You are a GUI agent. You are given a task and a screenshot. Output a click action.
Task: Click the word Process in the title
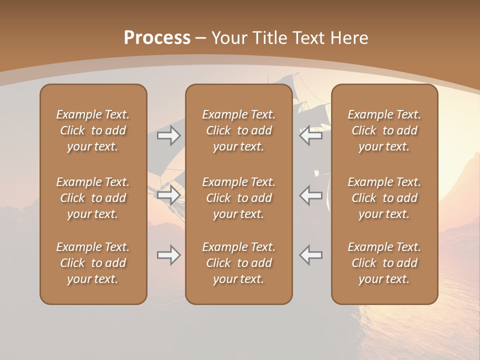point(157,38)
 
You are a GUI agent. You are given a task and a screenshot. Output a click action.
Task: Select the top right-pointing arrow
point(168,135)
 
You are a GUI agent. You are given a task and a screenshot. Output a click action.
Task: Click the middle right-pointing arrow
point(168,195)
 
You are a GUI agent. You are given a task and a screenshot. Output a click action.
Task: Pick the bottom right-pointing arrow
point(168,255)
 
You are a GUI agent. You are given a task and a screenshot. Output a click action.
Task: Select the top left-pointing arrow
point(311,135)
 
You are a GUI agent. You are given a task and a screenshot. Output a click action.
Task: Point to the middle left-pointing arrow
point(311,195)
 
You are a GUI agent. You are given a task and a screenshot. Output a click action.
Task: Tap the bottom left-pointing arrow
point(311,255)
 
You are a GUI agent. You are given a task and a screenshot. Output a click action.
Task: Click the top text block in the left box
point(93,130)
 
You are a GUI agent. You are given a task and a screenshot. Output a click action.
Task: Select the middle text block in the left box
point(93,198)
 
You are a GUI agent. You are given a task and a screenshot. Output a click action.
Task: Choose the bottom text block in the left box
point(93,263)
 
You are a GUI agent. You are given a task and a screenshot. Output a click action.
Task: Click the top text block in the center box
point(239,130)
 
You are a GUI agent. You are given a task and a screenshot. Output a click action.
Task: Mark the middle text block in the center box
point(239,198)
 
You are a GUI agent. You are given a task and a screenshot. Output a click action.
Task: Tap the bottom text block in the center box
point(239,263)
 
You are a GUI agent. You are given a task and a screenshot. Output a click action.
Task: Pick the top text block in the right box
point(384,130)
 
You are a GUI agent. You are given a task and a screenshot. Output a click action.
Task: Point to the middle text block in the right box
point(384,198)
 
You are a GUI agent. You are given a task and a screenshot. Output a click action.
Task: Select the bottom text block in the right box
point(384,263)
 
